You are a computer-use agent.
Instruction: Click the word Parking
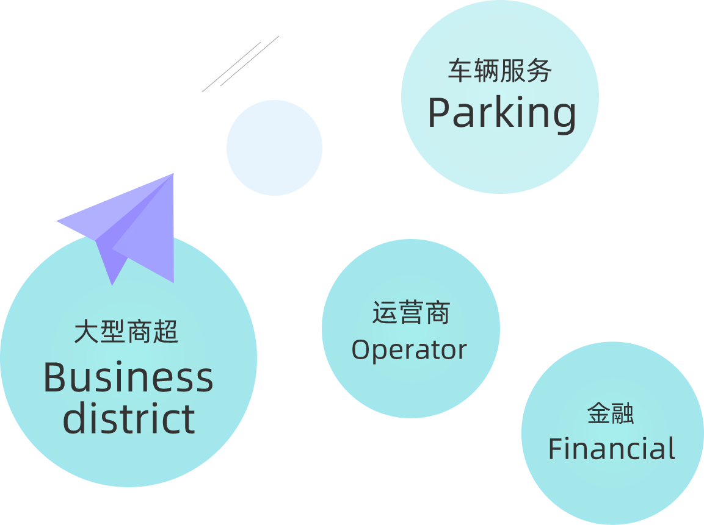tap(501, 113)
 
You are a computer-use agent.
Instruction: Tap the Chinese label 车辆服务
tap(500, 71)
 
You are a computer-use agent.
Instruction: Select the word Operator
tap(409, 350)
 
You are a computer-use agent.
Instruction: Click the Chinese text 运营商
tap(411, 312)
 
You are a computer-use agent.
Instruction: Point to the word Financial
tap(612, 449)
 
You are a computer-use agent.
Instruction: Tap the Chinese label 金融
tap(611, 413)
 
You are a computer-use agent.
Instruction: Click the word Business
tap(128, 378)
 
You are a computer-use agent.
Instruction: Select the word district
tap(129, 418)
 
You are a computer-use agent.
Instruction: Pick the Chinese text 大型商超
tap(126, 333)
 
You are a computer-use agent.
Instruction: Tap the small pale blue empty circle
tap(274, 148)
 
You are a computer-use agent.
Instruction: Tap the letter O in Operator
tap(361, 350)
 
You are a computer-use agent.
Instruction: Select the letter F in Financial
tap(555, 449)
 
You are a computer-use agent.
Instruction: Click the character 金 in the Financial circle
tap(598, 413)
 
